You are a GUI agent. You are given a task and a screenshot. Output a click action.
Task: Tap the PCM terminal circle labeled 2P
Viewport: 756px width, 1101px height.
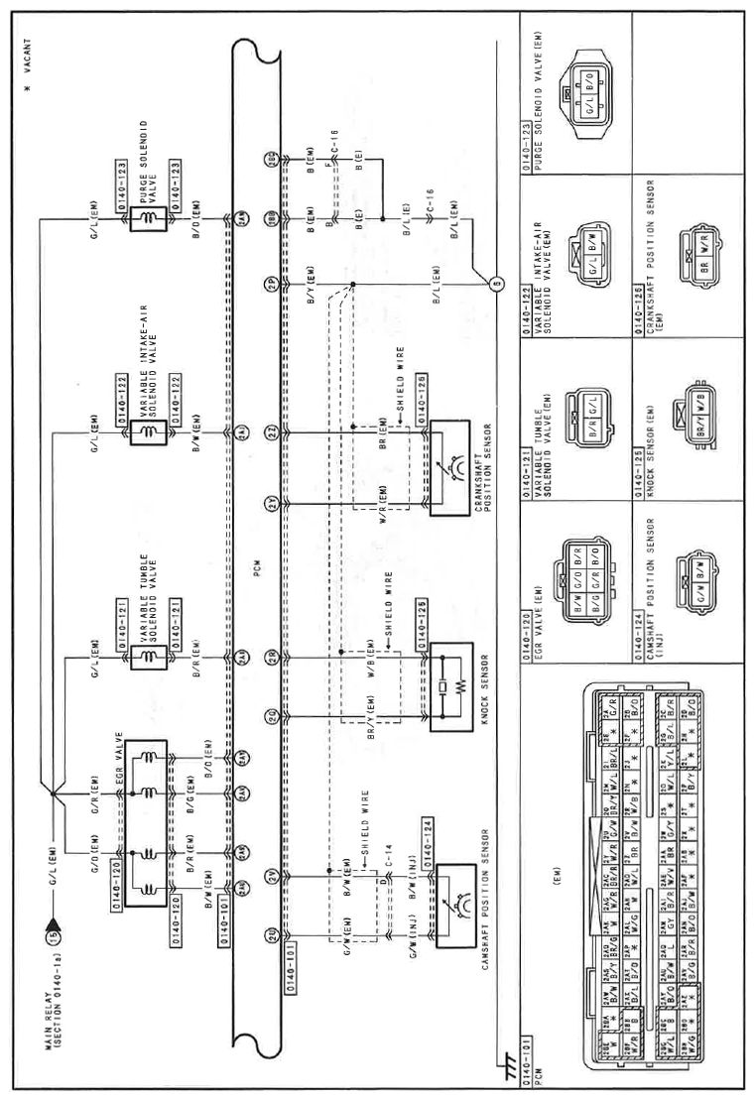pyautogui.click(x=270, y=289)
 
